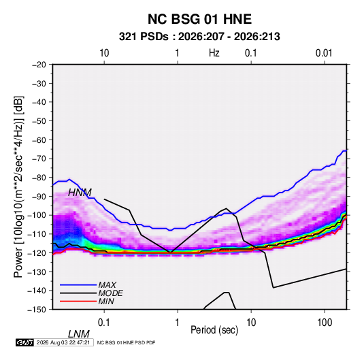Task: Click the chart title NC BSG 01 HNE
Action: (199, 19)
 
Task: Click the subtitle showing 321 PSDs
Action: (199, 37)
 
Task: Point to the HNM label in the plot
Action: (80, 193)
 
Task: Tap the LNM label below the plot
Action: (79, 334)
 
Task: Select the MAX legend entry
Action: (107, 284)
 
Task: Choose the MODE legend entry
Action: (110, 293)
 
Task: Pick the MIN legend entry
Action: (106, 301)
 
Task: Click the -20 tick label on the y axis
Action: (39, 65)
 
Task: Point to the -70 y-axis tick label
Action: (39, 159)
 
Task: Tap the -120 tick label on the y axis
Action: (37, 253)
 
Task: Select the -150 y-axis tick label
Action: (37, 310)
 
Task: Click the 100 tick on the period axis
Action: (325, 323)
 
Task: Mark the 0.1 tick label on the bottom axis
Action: (104, 323)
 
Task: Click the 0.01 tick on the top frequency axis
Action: (324, 53)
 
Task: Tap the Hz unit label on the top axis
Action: (214, 53)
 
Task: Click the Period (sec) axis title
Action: (214, 330)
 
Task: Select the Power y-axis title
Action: (18, 187)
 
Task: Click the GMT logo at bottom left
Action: (24, 342)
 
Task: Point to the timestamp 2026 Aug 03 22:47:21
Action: (63, 342)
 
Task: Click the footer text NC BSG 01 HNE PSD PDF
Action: (126, 342)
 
